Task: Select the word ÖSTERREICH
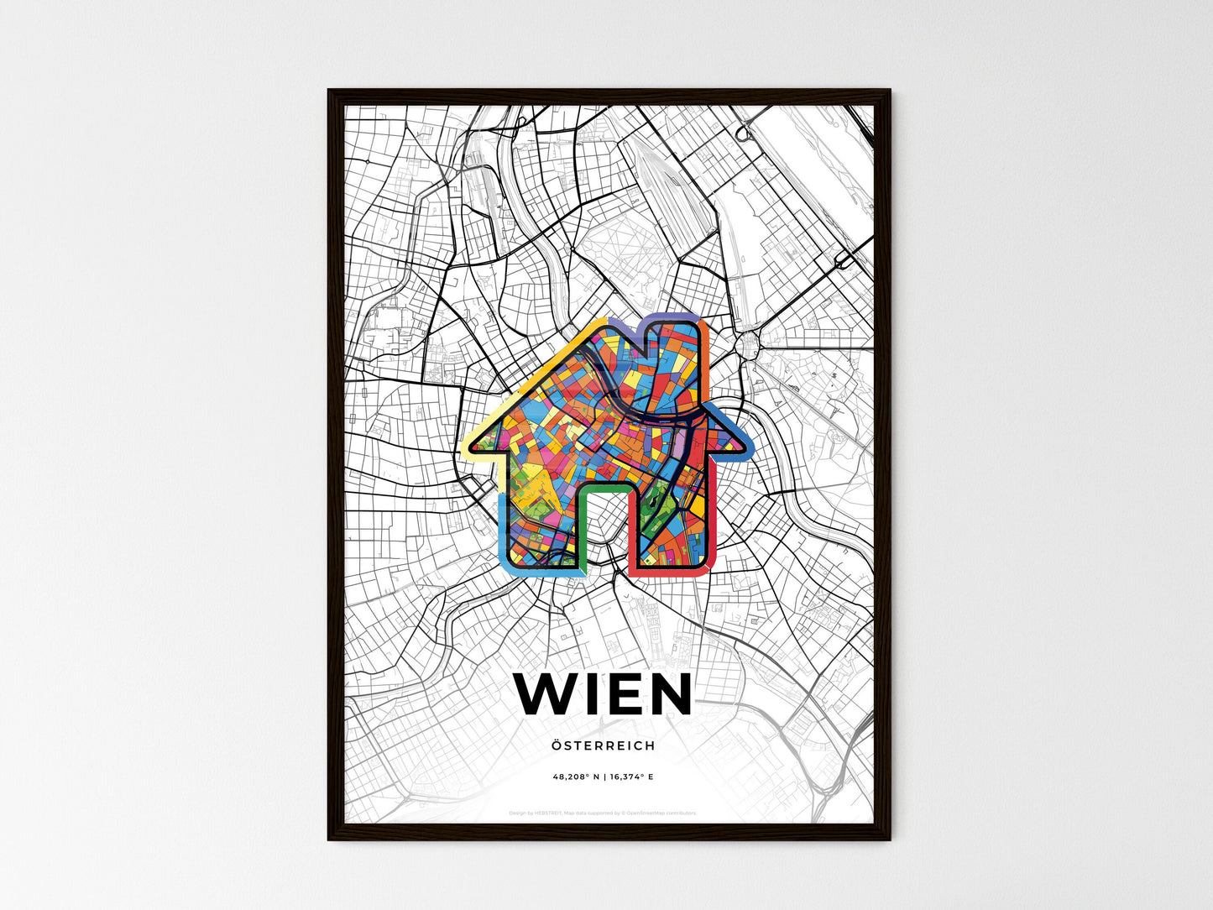click(x=604, y=745)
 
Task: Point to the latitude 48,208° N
click(x=576, y=777)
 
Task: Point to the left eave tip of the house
click(x=467, y=448)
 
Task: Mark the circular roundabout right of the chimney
click(x=747, y=343)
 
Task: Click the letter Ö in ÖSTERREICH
click(x=557, y=745)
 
